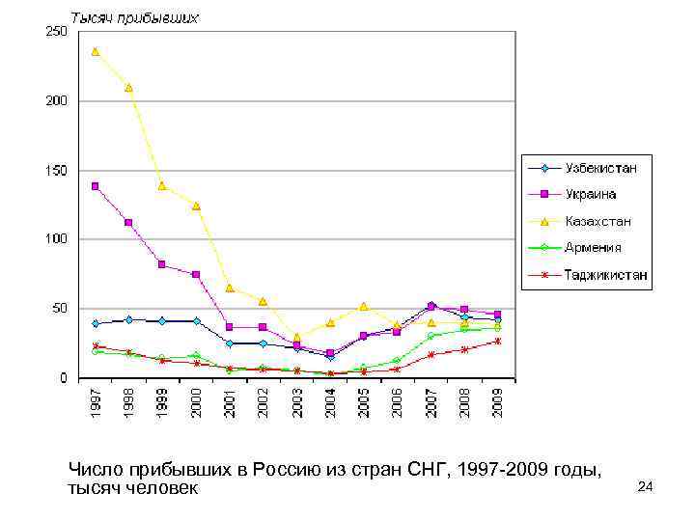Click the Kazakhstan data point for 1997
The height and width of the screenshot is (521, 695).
point(95,51)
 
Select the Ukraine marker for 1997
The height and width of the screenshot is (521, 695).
point(95,186)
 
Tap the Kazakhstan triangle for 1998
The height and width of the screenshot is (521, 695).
point(128,88)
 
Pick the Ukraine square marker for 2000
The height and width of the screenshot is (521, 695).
point(196,275)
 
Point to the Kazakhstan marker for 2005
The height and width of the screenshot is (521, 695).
point(364,306)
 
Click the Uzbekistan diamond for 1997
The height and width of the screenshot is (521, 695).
point(95,323)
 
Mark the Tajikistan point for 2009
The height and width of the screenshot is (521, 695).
point(498,341)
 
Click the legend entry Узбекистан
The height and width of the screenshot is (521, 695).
point(600,168)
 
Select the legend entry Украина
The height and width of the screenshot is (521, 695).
point(591,194)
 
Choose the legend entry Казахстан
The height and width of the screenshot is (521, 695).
point(598,221)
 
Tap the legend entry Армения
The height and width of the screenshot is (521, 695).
point(593,247)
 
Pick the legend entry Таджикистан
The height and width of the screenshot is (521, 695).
point(606,274)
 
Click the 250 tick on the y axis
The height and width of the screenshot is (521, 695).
point(56,32)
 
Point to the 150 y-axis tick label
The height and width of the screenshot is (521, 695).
point(56,171)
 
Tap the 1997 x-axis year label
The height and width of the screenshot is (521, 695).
point(96,399)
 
